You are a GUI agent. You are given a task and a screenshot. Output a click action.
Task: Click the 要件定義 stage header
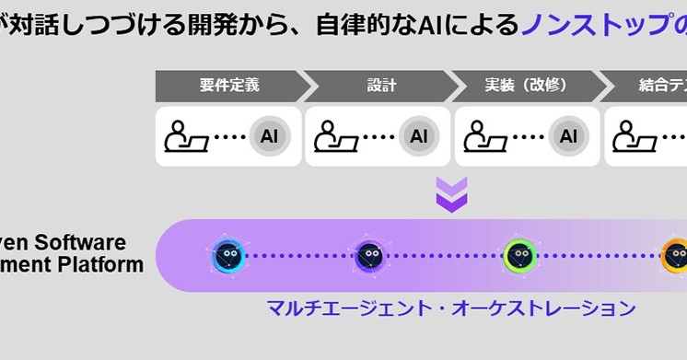click(x=229, y=86)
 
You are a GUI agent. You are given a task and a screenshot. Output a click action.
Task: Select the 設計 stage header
click(x=380, y=86)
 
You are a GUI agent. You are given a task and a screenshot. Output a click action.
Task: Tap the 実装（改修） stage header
click(x=526, y=86)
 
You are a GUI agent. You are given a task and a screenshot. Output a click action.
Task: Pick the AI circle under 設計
click(x=419, y=136)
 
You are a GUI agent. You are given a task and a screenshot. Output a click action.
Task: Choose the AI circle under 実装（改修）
click(x=568, y=136)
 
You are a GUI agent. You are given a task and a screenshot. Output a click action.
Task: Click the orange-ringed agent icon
click(x=676, y=256)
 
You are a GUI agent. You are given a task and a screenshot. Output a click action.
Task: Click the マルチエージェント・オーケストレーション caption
click(x=451, y=307)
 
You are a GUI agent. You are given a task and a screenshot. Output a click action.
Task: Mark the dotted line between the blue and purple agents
click(x=298, y=256)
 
